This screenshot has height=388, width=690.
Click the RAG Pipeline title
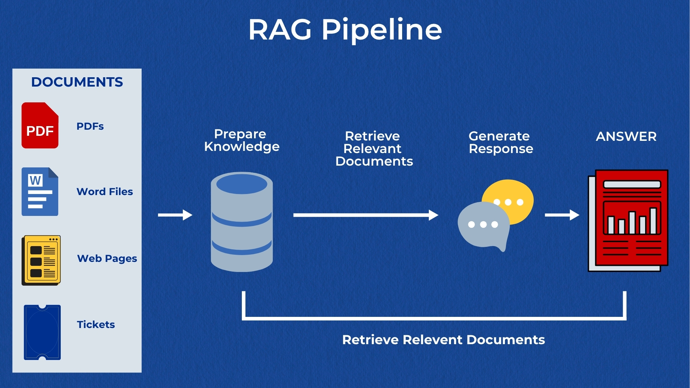pyautogui.click(x=345, y=29)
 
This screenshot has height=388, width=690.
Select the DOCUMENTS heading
pyautogui.click(x=77, y=82)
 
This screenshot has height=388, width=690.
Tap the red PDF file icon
pyautogui.click(x=40, y=126)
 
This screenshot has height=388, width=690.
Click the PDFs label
pyautogui.click(x=90, y=126)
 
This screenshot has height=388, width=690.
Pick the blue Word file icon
pyautogui.click(x=40, y=191)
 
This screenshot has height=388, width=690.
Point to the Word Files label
pyautogui.click(x=105, y=191)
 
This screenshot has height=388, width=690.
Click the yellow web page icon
pyautogui.click(x=41, y=260)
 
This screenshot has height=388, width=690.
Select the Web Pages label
pyautogui.click(x=107, y=258)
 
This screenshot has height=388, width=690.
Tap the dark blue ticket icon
pyautogui.click(x=42, y=332)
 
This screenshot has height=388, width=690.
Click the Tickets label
pyautogui.click(x=96, y=324)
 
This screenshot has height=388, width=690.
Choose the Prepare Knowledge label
pyautogui.click(x=241, y=140)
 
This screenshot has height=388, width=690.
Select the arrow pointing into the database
pyautogui.click(x=175, y=215)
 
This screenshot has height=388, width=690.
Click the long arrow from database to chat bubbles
pyautogui.click(x=365, y=215)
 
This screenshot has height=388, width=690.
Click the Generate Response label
pyautogui.click(x=501, y=142)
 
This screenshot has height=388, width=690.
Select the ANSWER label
pyautogui.click(x=626, y=137)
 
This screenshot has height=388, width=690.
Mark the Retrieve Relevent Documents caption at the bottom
pyautogui.click(x=443, y=339)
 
